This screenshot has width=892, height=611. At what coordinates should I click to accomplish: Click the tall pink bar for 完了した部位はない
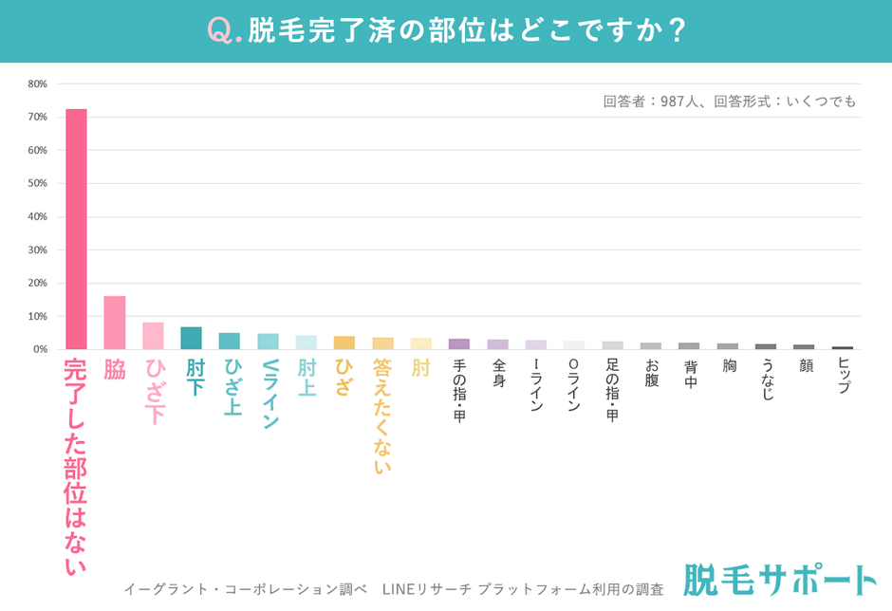click(76, 229)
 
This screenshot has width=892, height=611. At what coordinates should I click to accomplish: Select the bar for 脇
click(114, 323)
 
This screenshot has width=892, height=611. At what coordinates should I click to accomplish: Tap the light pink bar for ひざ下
click(153, 336)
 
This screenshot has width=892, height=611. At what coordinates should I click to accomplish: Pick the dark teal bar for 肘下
click(191, 338)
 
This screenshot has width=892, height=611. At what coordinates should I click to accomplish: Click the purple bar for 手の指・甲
click(459, 343)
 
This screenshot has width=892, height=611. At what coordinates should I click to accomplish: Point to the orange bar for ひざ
click(344, 343)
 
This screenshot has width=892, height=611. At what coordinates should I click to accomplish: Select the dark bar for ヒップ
click(843, 347)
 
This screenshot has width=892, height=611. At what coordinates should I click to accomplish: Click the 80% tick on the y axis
click(38, 83)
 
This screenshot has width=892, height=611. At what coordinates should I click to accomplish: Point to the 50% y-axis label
click(38, 183)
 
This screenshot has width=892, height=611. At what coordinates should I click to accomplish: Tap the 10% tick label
click(38, 316)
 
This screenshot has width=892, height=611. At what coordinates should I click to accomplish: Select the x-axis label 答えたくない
click(382, 417)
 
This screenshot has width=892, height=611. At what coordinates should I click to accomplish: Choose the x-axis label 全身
click(497, 376)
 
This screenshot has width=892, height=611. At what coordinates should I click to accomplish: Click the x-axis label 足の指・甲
click(612, 390)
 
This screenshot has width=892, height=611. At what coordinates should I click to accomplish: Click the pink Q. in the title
click(225, 30)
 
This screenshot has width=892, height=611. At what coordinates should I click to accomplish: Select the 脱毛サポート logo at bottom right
click(779, 579)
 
